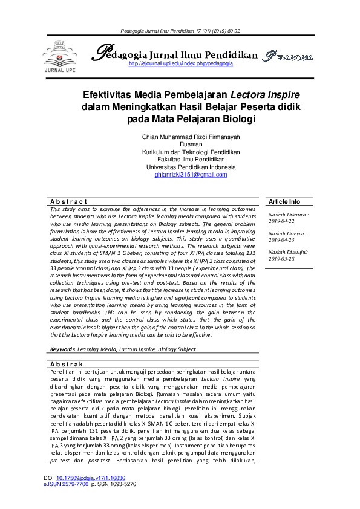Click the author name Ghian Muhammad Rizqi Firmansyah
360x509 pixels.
point(191,137)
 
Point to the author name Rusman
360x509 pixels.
point(191,145)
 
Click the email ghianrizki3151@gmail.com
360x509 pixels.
point(191,175)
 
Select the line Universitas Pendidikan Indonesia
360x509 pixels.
point(191,167)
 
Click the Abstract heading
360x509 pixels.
point(69,201)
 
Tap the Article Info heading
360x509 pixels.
point(284,201)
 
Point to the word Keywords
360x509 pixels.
point(62,349)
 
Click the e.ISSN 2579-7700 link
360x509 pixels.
point(67,484)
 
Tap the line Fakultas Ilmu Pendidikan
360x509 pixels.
point(191,160)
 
